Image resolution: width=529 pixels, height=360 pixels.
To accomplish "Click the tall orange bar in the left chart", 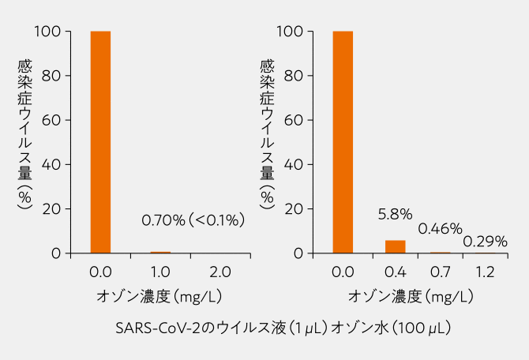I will click(x=100, y=142).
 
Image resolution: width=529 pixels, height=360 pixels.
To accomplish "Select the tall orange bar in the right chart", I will click(x=343, y=142).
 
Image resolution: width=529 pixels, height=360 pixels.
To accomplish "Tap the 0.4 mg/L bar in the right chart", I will click(x=395, y=246).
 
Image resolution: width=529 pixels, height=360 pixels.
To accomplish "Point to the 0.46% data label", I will click(x=440, y=229).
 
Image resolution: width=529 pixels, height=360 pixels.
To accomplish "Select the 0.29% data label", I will click(x=485, y=241).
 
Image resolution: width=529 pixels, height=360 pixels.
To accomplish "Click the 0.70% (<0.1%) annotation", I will click(x=193, y=219).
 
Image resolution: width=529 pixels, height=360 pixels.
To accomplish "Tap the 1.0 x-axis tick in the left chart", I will click(x=160, y=272).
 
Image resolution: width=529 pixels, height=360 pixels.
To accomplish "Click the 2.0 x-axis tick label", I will click(x=220, y=272).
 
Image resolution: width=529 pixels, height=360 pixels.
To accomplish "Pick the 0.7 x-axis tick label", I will click(x=440, y=272).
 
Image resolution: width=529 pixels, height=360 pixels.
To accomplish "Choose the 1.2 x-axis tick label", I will click(x=485, y=272).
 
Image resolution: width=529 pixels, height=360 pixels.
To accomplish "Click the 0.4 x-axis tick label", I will click(x=395, y=272).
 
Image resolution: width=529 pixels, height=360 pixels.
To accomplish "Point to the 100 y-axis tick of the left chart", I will click(x=48, y=32).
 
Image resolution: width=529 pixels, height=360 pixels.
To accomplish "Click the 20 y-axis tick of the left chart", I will click(x=51, y=208).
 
